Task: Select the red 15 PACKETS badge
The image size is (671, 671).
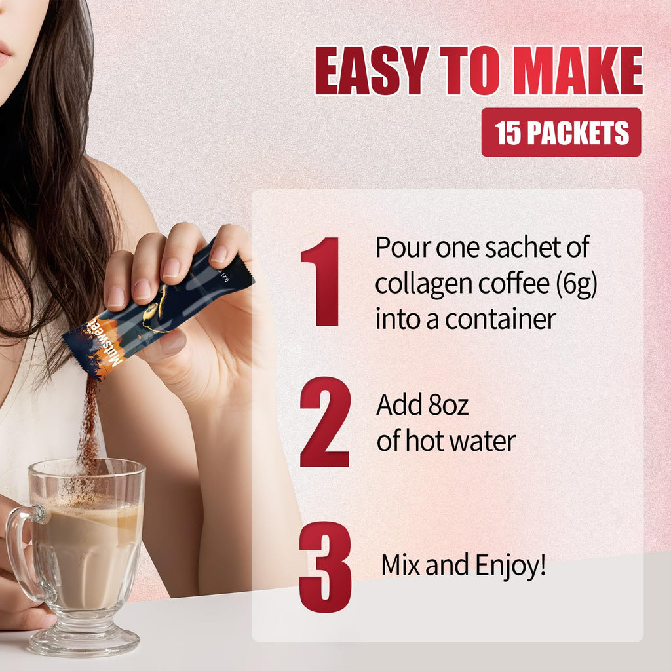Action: click(561, 132)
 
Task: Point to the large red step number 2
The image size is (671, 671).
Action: click(325, 422)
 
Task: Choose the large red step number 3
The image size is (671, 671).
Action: click(325, 567)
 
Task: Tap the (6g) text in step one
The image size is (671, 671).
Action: click(576, 284)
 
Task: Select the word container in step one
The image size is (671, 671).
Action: click(500, 319)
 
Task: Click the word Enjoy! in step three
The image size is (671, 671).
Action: click(510, 566)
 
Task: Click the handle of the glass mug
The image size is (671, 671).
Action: click(19, 552)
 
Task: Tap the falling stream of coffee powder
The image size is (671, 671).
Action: click(88, 428)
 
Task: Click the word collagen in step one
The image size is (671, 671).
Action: click(425, 284)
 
